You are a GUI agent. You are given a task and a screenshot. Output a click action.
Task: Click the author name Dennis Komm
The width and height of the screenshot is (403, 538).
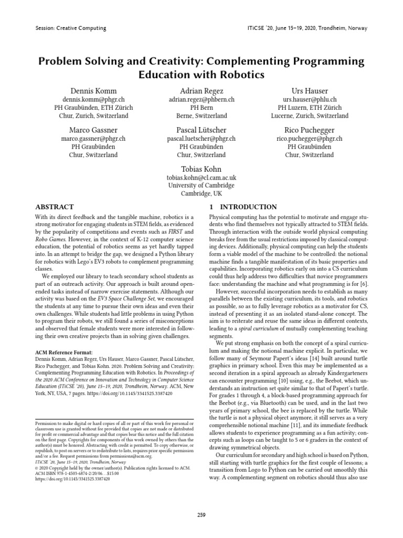click(x=93, y=91)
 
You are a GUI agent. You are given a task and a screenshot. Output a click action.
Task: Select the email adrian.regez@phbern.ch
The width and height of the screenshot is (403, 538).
click(x=201, y=99)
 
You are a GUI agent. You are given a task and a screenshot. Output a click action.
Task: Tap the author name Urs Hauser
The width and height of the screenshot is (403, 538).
click(x=309, y=91)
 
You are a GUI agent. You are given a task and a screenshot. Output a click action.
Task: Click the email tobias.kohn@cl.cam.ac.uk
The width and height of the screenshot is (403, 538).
click(x=201, y=178)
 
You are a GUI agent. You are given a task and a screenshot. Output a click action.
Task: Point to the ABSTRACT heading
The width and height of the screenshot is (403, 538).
click(x=55, y=207)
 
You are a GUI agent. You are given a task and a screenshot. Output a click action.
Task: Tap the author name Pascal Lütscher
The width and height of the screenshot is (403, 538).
click(x=201, y=130)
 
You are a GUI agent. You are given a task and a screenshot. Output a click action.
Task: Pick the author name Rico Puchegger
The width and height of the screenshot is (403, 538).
click(x=309, y=130)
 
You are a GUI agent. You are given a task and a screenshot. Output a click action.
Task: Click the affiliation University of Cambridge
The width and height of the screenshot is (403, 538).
click(x=201, y=185)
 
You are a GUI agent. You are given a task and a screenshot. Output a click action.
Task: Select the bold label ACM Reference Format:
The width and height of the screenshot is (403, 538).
click(x=63, y=352)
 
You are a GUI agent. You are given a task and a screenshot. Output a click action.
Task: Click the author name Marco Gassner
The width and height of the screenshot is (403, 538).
click(x=93, y=130)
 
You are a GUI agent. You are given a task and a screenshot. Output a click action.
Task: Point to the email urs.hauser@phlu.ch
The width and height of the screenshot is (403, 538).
click(x=309, y=99)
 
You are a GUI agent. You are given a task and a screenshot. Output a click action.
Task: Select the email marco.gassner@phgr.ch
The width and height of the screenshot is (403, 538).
click(x=93, y=139)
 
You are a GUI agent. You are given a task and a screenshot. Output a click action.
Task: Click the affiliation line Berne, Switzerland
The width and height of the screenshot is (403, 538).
click(x=201, y=116)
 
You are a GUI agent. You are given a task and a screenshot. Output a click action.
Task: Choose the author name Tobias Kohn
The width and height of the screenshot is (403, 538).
click(x=201, y=169)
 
